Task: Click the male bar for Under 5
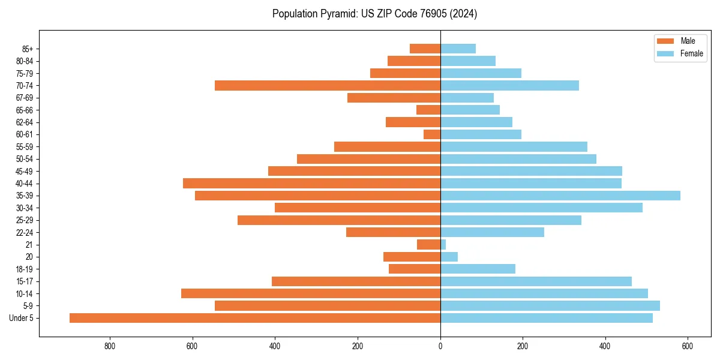point(255,318)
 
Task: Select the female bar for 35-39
point(560,196)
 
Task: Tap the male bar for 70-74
point(328,86)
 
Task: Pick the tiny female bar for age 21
point(443,245)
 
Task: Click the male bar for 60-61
point(432,134)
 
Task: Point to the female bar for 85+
point(458,49)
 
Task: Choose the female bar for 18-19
point(478,269)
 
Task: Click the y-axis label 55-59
point(24,147)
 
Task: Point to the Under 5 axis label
point(21,318)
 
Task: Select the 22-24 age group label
point(24,233)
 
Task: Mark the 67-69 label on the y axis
point(24,98)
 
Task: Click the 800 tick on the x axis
point(110,346)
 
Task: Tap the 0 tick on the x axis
point(440,346)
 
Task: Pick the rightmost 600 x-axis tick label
point(688,346)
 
